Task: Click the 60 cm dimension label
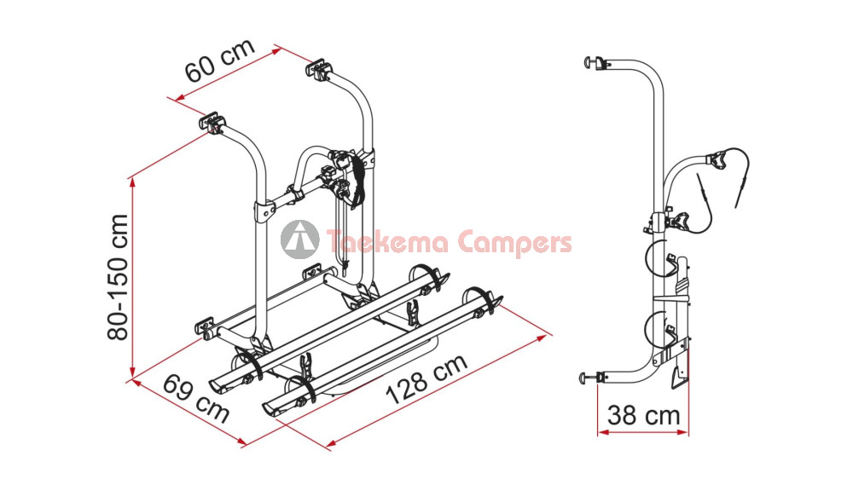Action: tap(220, 60)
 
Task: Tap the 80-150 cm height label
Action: tap(118, 277)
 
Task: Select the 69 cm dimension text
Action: tap(196, 397)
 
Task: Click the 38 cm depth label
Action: tap(643, 415)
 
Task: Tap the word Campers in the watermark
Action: tap(514, 243)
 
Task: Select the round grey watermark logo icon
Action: tap(299, 239)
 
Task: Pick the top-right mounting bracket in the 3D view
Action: tap(319, 69)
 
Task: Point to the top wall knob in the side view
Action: tap(589, 62)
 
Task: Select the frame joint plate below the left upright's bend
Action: tap(264, 211)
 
